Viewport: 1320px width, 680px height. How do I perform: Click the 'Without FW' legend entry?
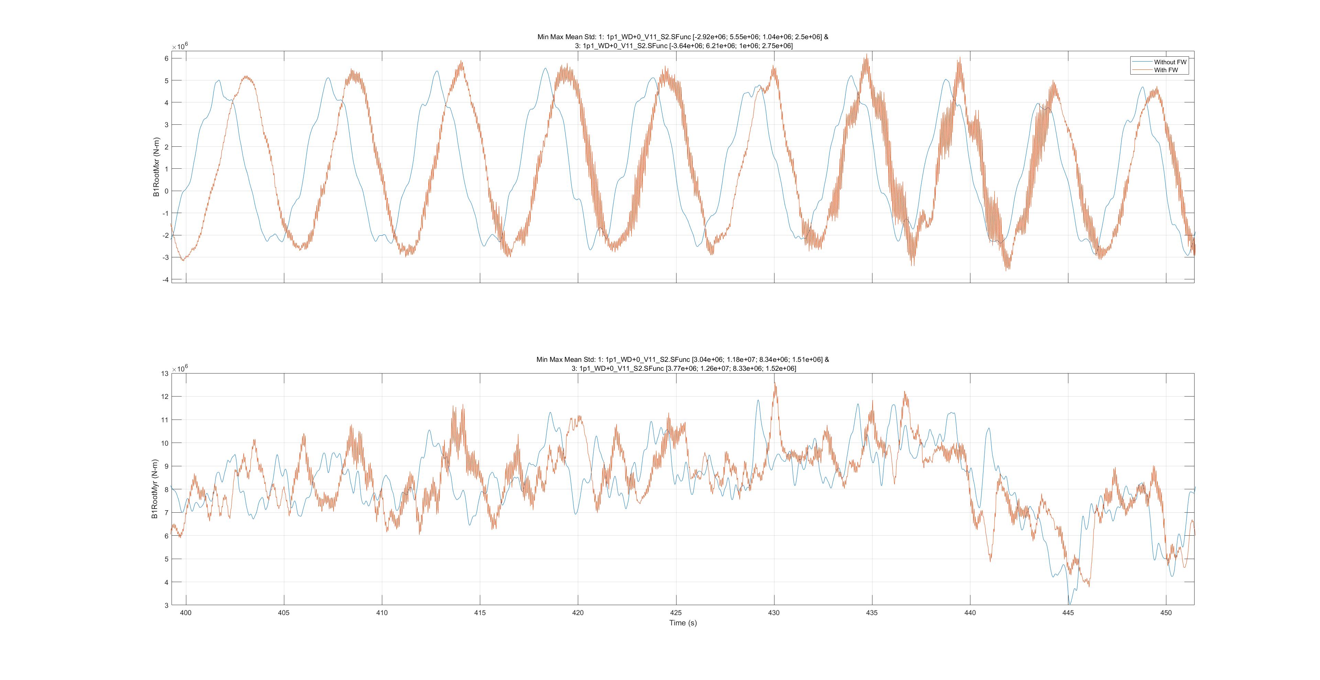tap(1170, 62)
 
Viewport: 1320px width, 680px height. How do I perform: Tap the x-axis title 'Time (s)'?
tap(683, 623)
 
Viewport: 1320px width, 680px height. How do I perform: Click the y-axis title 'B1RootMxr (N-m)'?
tap(157, 167)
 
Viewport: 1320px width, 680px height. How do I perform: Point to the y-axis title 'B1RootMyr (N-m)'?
tap(155, 489)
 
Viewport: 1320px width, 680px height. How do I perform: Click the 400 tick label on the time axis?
tap(186, 612)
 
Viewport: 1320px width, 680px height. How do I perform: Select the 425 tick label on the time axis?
tap(676, 612)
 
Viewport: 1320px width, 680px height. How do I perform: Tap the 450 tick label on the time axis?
tap(1166, 612)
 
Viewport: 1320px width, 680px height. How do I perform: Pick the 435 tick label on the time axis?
tap(872, 612)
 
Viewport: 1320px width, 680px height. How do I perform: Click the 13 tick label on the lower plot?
tap(165, 373)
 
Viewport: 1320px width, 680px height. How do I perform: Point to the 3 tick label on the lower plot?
tap(166, 605)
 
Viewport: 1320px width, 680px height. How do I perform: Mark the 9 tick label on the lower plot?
tap(166, 466)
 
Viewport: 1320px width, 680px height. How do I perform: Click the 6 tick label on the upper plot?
tap(166, 58)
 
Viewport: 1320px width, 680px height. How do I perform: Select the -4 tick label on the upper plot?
tap(165, 280)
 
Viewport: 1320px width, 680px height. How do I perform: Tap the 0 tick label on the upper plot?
tap(166, 191)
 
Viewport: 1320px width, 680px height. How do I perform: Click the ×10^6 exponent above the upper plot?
tap(180, 46)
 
